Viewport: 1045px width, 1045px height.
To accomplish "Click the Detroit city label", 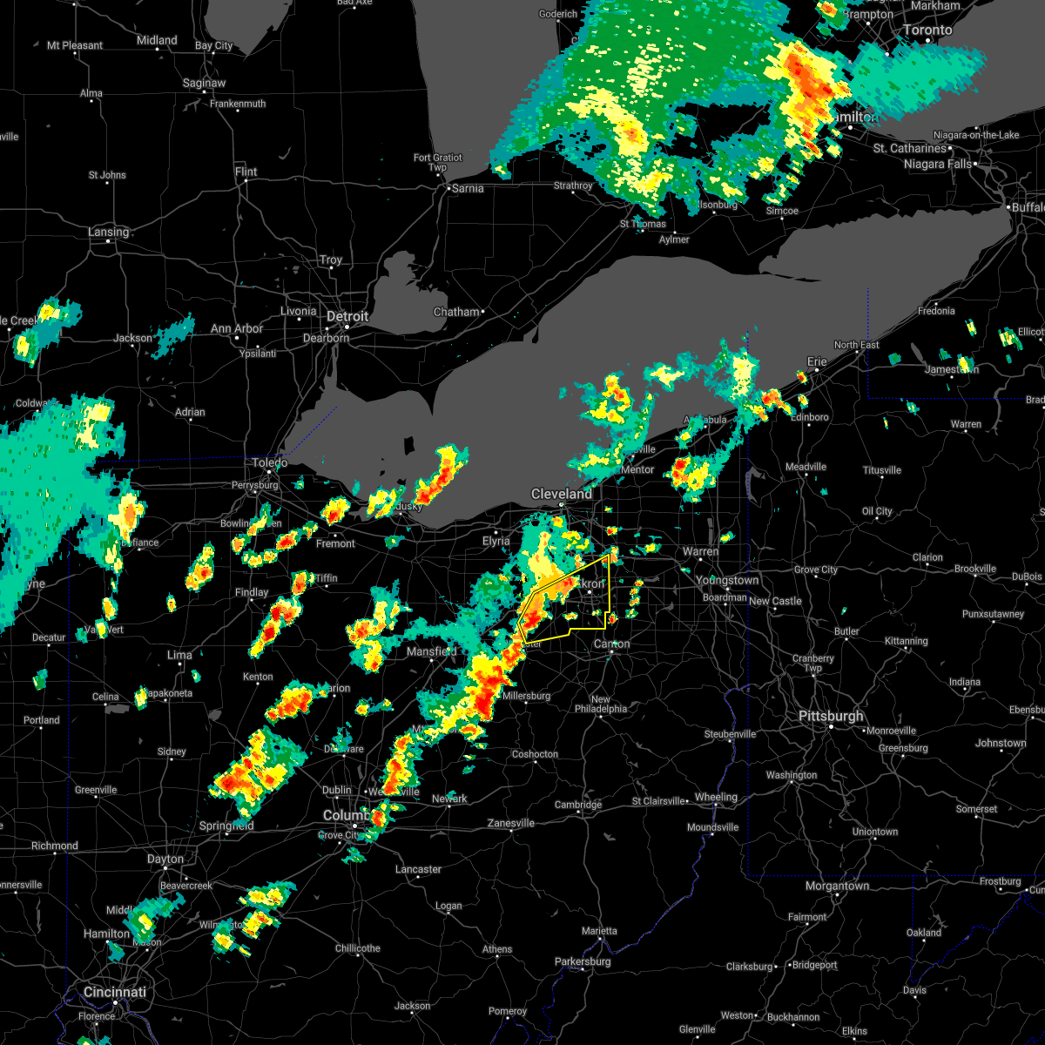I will pos(348,317).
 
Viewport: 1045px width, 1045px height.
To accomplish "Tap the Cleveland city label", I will pos(562,494).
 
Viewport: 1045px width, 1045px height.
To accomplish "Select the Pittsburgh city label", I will pos(833,717).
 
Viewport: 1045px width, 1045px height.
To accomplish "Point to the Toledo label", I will pos(269,462).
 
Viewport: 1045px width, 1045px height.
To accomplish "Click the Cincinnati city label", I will pos(115,993).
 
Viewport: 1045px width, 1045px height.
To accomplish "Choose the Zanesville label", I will pos(511,823).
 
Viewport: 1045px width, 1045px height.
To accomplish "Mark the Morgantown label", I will pos(837,886).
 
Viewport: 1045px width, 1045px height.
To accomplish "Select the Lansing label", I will pos(108,233).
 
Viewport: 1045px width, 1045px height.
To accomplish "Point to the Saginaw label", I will pos(205,84).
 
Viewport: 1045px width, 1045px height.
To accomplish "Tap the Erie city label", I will pos(818,361).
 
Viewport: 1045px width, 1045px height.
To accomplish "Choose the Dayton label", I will pos(165,860).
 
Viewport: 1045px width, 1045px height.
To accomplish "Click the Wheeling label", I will pos(716,797).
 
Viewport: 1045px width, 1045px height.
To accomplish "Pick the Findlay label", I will pos(252,593).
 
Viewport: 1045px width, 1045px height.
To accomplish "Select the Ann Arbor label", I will pos(237,328).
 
